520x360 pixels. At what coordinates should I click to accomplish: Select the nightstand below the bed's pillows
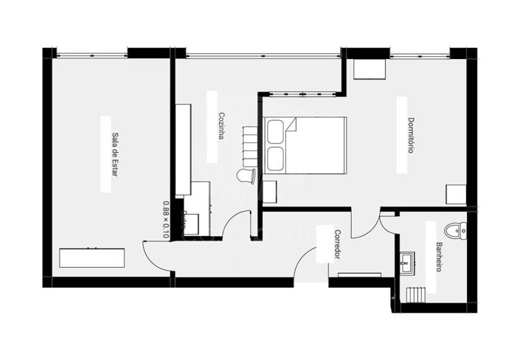point(271,191)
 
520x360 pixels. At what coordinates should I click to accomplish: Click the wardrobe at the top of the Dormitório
point(368,69)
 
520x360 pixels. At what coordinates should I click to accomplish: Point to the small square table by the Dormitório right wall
point(456,195)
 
